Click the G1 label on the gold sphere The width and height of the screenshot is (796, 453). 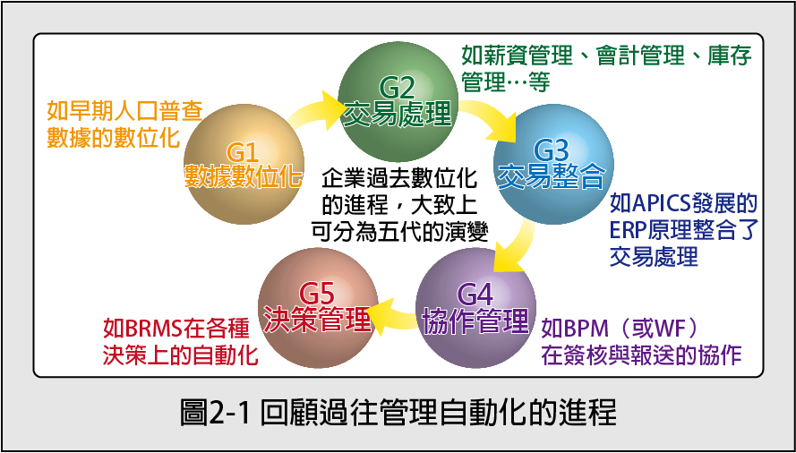pyautogui.click(x=244, y=154)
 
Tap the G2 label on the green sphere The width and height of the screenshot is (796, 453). pyautogui.click(x=398, y=90)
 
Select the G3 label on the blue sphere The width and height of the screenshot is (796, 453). pyautogui.click(x=552, y=150)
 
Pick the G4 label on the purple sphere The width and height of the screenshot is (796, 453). pyautogui.click(x=475, y=295)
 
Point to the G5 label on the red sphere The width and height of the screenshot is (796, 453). pyautogui.click(x=317, y=295)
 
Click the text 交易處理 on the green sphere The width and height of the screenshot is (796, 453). pyautogui.click(x=398, y=115)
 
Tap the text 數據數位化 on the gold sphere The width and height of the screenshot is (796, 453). pyautogui.click(x=244, y=177)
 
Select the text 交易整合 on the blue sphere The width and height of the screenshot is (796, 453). pyautogui.click(x=552, y=175)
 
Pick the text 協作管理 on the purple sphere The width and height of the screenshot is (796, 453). pyautogui.click(x=475, y=320)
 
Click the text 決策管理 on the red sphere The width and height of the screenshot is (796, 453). pyautogui.click(x=317, y=320)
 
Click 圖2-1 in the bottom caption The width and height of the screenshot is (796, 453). pyautogui.click(x=217, y=413)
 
